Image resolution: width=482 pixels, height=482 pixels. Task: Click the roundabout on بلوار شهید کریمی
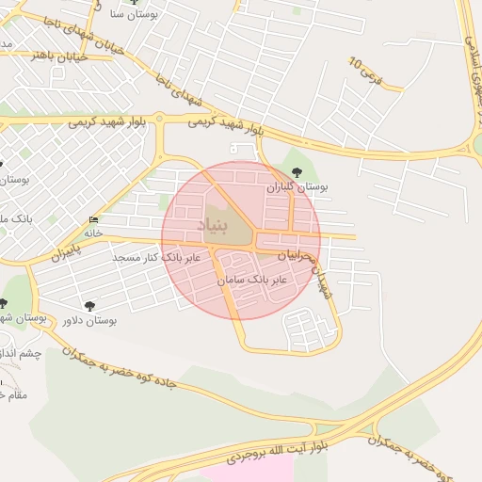click(159, 120)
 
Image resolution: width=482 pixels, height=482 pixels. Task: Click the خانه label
click(92, 233)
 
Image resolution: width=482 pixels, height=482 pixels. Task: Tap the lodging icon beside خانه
click(92, 218)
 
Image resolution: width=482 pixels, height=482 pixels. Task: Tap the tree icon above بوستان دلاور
click(90, 305)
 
